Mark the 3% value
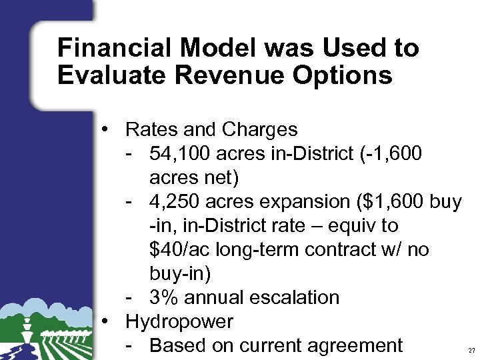(163, 297)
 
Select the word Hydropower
(179, 322)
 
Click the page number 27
(471, 350)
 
